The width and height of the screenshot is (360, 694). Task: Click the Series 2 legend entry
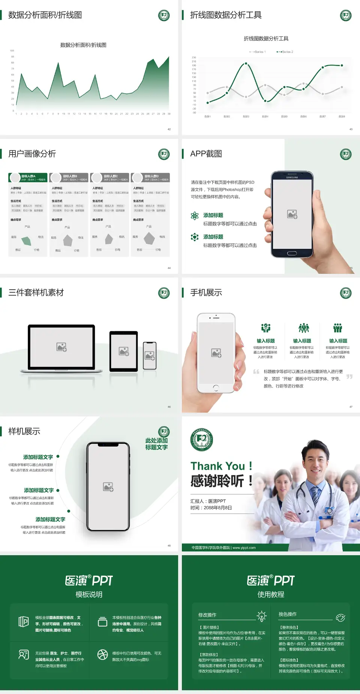tap(285, 52)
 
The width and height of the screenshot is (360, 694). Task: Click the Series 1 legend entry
tap(258, 52)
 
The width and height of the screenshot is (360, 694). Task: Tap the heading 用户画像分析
tap(32, 154)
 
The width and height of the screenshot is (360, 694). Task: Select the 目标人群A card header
tap(28, 177)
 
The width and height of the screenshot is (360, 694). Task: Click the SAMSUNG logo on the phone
tap(292, 177)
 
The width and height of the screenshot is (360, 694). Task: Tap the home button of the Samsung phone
tap(292, 253)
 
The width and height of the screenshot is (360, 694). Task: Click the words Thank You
tap(218, 466)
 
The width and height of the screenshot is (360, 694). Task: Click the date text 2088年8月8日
tap(218, 508)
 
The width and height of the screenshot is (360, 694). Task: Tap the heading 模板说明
tap(89, 595)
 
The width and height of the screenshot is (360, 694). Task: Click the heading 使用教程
tap(271, 595)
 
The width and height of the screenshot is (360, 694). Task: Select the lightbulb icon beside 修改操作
tap(262, 616)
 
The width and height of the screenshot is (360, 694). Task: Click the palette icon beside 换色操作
tap(340, 617)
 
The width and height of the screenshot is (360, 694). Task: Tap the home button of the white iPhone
tap(216, 388)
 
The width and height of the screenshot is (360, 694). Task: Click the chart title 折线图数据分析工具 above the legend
tap(266, 39)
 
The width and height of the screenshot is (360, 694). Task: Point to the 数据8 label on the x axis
tap(342, 117)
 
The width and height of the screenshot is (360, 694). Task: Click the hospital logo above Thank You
tap(202, 440)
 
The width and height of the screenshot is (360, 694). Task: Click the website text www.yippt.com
tap(244, 548)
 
